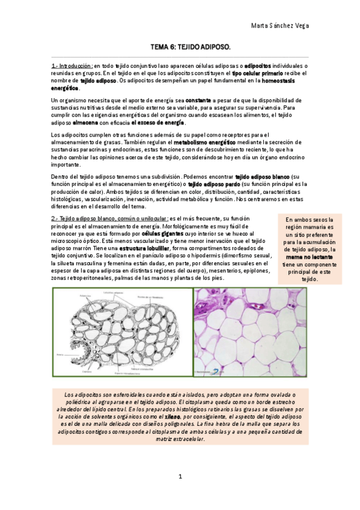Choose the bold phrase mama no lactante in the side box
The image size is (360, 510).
310,256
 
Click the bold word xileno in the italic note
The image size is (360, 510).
173,416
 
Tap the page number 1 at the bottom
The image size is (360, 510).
180,477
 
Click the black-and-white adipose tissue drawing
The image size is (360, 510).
121,332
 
